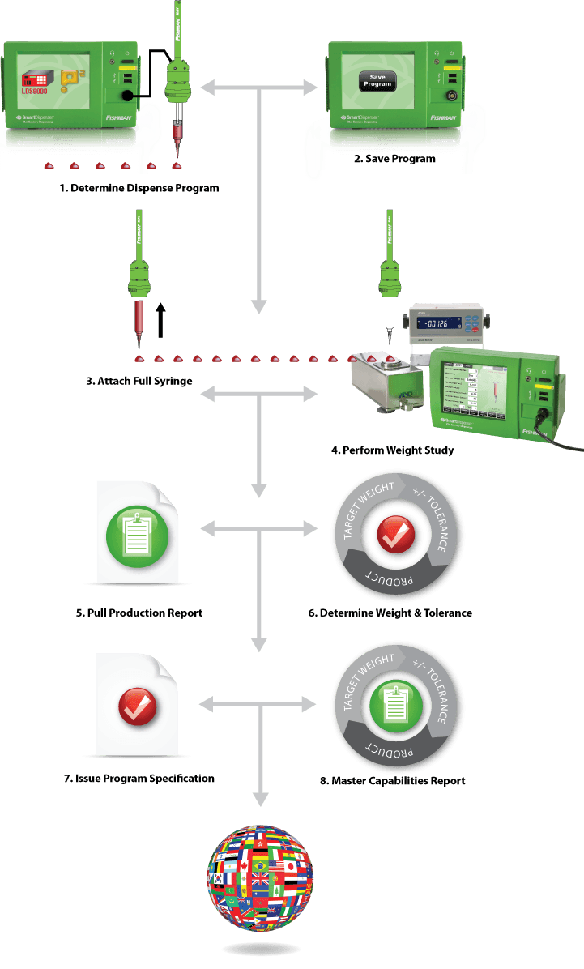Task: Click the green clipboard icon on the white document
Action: tap(137, 531)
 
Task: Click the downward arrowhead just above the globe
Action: tap(259, 798)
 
